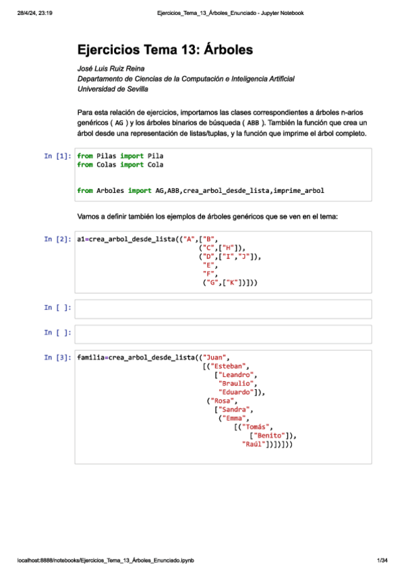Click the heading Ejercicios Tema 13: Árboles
(x=165, y=50)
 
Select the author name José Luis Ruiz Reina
(x=111, y=69)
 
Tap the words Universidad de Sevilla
(x=113, y=88)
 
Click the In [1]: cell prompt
(x=57, y=156)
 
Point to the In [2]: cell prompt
(x=57, y=239)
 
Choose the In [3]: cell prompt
(x=57, y=357)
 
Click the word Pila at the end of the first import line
(x=155, y=156)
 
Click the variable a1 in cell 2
(x=81, y=239)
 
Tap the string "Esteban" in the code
(x=225, y=366)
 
